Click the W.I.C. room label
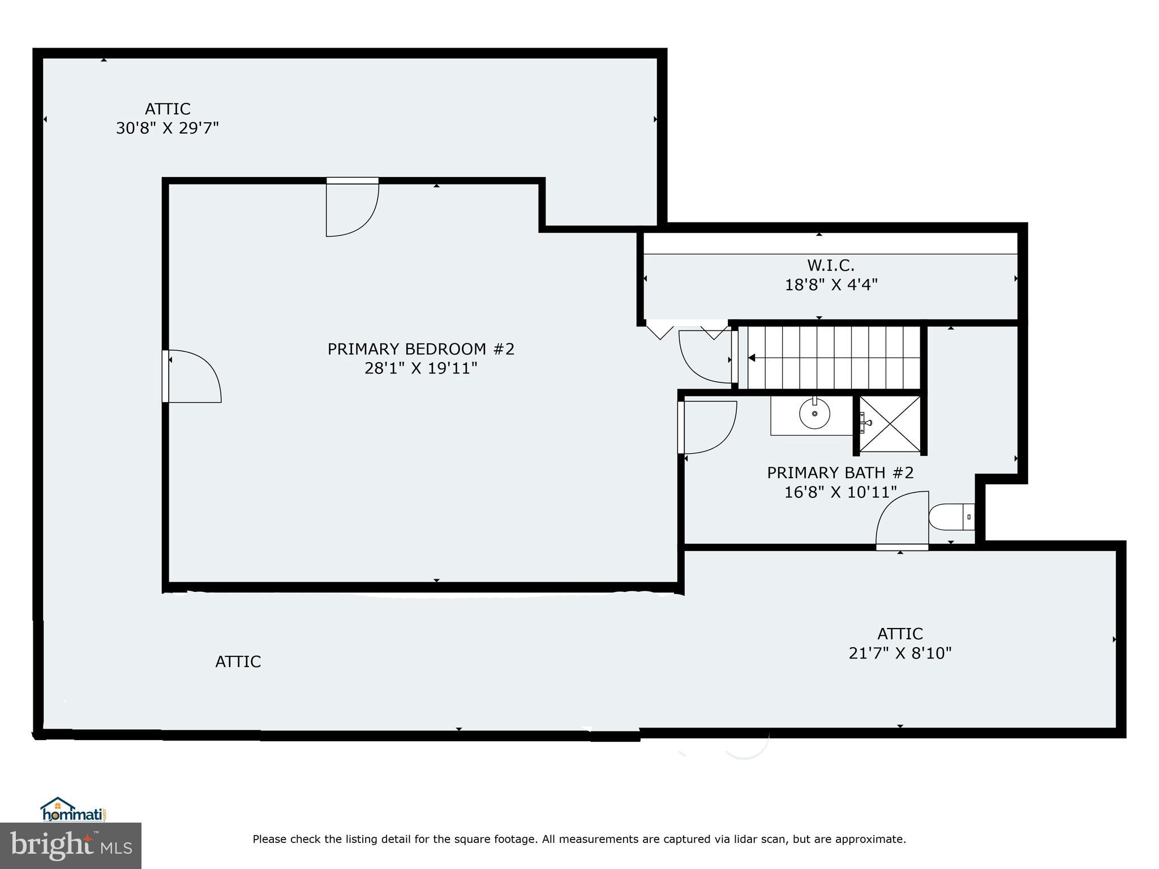830,265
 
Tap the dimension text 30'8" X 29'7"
167,128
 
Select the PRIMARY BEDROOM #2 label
421,349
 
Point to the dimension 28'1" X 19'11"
421,369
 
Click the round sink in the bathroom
814,414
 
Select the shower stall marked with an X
890,424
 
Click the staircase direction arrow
753,358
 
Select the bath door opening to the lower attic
902,521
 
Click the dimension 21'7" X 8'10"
900,653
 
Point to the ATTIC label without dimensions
238,662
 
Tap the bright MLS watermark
71,845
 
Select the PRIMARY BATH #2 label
840,473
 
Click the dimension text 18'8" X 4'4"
830,285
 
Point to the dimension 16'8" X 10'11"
840,492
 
